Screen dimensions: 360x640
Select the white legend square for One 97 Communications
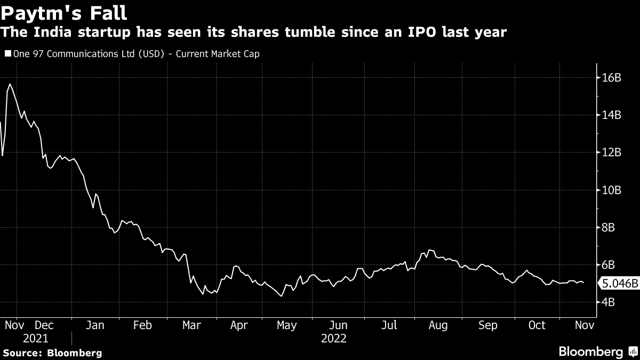(7, 54)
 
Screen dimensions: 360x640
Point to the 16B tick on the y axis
(611, 78)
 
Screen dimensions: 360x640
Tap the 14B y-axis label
(611, 115)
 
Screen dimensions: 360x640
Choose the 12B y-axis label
(611, 153)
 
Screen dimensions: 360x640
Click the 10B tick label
(611, 190)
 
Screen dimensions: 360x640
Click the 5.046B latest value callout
(619, 284)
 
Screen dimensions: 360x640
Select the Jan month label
(94, 325)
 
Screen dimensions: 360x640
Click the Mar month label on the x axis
(191, 325)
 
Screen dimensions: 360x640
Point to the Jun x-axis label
(339, 325)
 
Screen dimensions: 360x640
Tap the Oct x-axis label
(537, 325)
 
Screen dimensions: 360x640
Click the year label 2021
(35, 339)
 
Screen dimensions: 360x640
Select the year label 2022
(334, 339)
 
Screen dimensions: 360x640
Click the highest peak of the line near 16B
(10, 84)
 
